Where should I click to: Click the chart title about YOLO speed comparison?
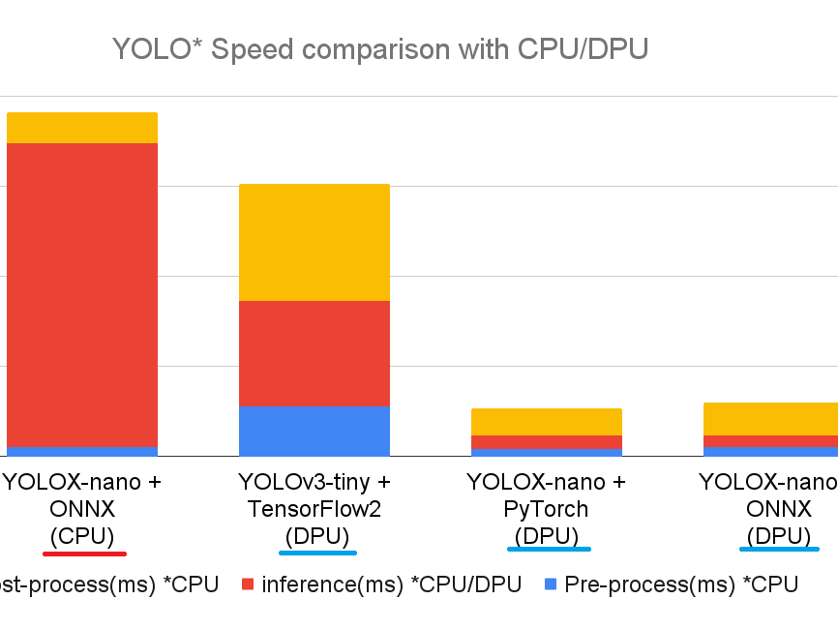pos(379,49)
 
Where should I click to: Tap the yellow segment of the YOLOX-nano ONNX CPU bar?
pos(82,128)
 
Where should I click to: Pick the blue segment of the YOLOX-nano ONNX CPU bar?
pos(82,451)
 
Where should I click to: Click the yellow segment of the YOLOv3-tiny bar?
pos(314,242)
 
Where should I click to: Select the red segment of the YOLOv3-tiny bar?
pos(314,353)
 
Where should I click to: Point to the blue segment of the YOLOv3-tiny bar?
pos(314,431)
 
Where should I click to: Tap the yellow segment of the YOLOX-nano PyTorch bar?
pos(547,422)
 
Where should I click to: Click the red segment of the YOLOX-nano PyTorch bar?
pos(547,442)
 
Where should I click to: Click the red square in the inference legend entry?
pos(248,584)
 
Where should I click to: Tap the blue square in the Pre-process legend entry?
pos(551,584)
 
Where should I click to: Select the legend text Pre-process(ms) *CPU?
pos(681,584)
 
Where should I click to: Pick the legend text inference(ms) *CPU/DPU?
pos(391,584)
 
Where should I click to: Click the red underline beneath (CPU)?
pos(84,554)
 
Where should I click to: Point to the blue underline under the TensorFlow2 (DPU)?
pos(317,553)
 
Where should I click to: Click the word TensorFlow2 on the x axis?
pos(314,509)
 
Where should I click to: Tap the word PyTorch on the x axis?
pos(547,509)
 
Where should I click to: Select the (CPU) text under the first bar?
pos(82,535)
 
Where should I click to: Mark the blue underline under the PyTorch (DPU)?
pos(549,549)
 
